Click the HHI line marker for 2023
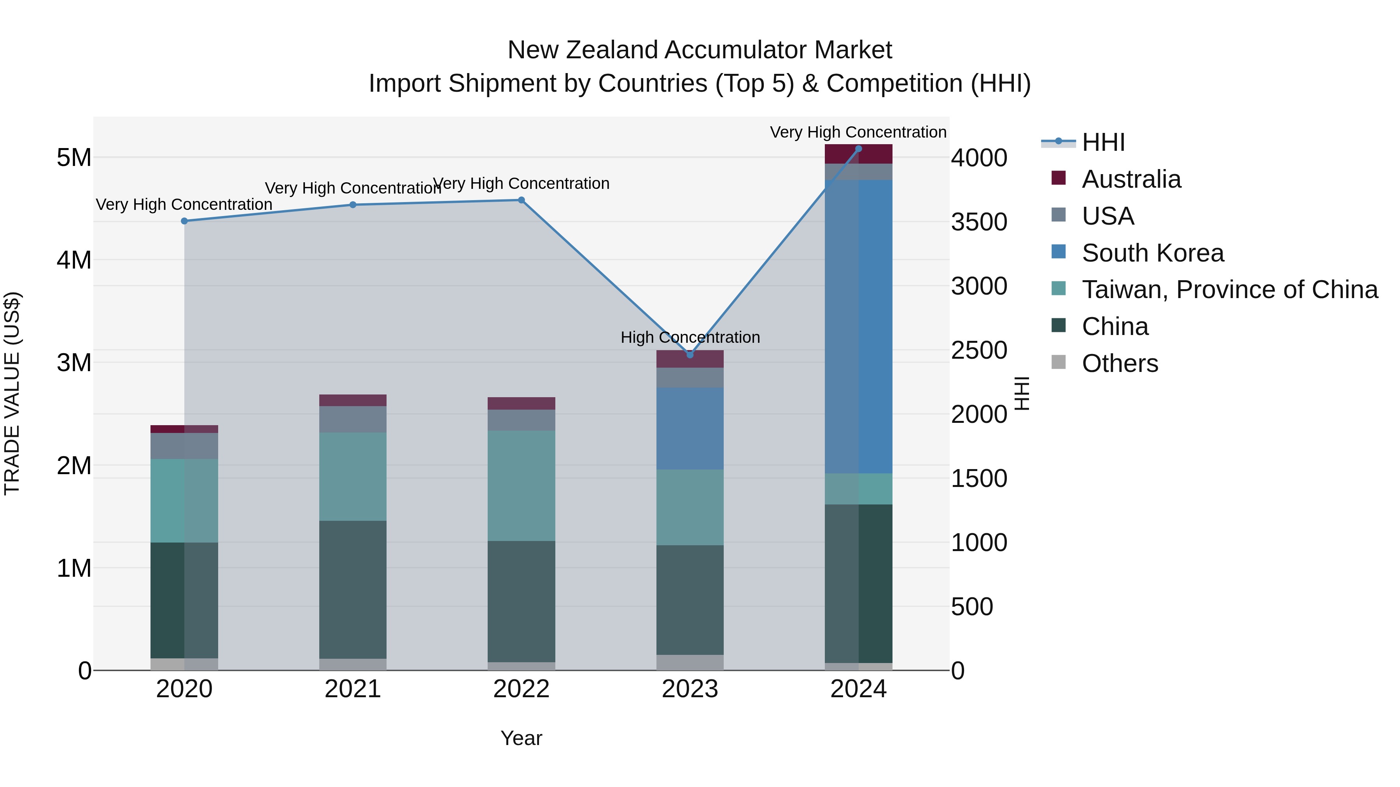pyautogui.click(x=690, y=355)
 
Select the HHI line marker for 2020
pyautogui.click(x=184, y=221)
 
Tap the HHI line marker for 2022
pyautogui.click(x=521, y=200)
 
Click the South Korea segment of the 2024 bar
pyautogui.click(x=859, y=326)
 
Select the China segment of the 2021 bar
pyautogui.click(x=353, y=589)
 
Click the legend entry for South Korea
pyautogui.click(x=1152, y=253)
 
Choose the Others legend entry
pyautogui.click(x=1120, y=363)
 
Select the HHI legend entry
pyautogui.click(x=1103, y=142)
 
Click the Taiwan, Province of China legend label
pyautogui.click(x=1229, y=290)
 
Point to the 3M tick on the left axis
pyautogui.click(x=74, y=362)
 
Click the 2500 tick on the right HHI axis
pyautogui.click(x=979, y=350)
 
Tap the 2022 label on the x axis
pyautogui.click(x=521, y=689)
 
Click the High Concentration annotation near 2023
pyautogui.click(x=690, y=337)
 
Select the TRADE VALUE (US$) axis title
pyautogui.click(x=12, y=393)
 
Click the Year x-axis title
pyautogui.click(x=521, y=738)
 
